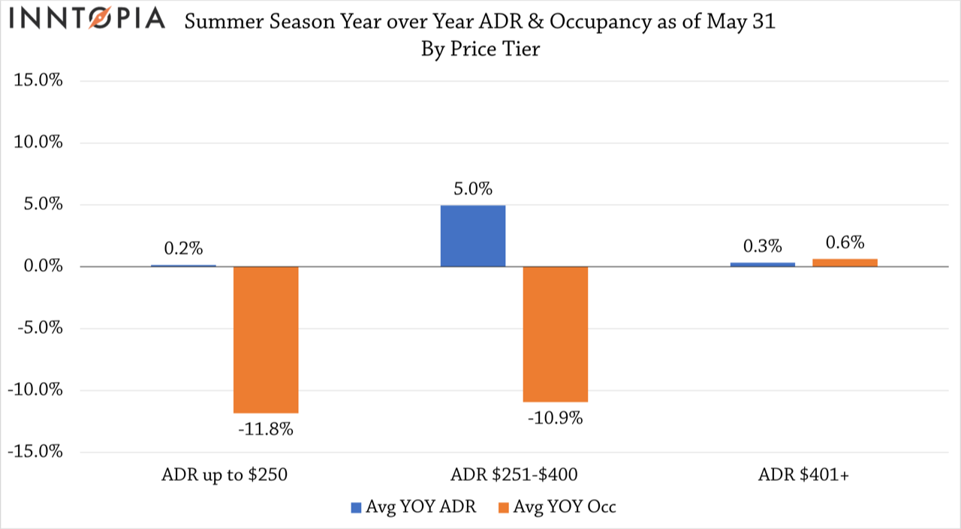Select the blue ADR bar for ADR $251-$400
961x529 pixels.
pyautogui.click(x=472, y=236)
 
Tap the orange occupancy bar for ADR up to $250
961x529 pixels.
pyautogui.click(x=266, y=339)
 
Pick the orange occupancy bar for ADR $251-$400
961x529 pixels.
pyautogui.click(x=556, y=334)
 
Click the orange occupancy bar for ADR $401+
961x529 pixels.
pyautogui.click(x=845, y=263)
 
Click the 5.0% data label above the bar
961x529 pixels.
pyautogui.click(x=472, y=188)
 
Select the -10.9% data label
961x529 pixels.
pyautogui.click(x=556, y=418)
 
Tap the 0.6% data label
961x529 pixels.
pyautogui.click(x=845, y=242)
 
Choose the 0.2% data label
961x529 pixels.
pyautogui.click(x=183, y=248)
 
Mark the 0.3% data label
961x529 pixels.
pyautogui.click(x=763, y=247)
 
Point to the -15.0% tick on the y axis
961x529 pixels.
pyautogui.click(x=35, y=452)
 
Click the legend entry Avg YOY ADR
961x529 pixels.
pyautogui.click(x=412, y=506)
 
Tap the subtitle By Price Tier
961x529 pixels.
pyautogui.click(x=480, y=50)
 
